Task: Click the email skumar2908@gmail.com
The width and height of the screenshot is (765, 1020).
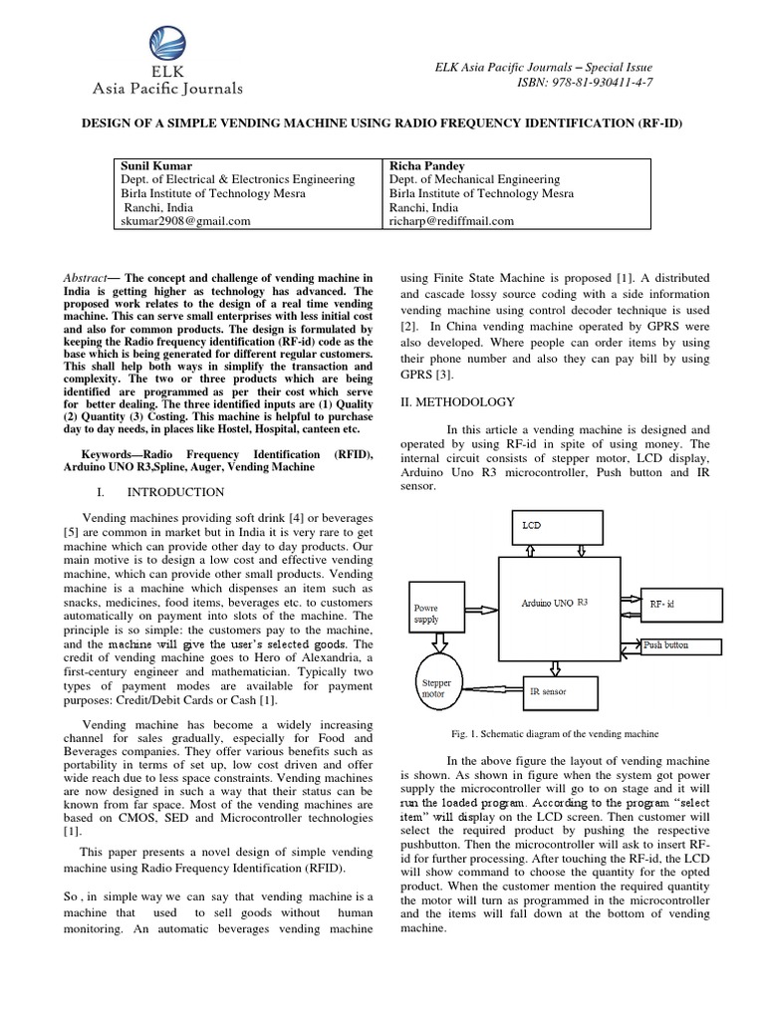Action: point(185,221)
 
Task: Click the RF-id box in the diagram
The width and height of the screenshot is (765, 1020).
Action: point(678,604)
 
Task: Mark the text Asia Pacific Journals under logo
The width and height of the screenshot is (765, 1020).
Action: point(167,89)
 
